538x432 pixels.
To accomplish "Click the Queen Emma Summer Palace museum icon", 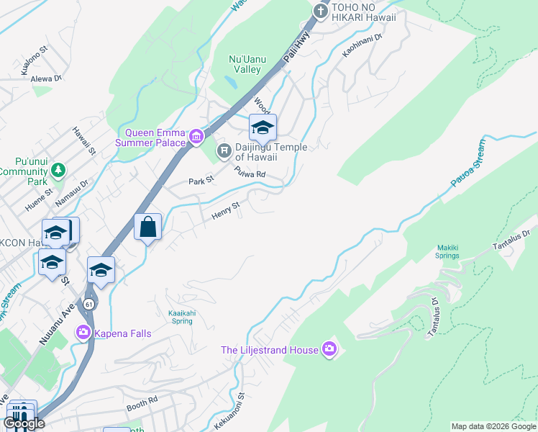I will tap(195, 137).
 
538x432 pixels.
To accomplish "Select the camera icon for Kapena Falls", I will tap(83, 331).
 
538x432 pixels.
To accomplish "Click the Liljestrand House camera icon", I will tap(329, 350).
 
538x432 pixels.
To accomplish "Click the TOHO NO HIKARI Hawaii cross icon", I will tap(319, 11).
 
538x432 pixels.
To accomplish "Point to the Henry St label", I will tap(225, 211).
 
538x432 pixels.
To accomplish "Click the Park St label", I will tap(201, 181).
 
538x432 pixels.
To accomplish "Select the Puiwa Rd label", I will tap(250, 173).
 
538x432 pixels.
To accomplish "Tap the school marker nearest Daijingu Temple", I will tap(263, 128).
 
